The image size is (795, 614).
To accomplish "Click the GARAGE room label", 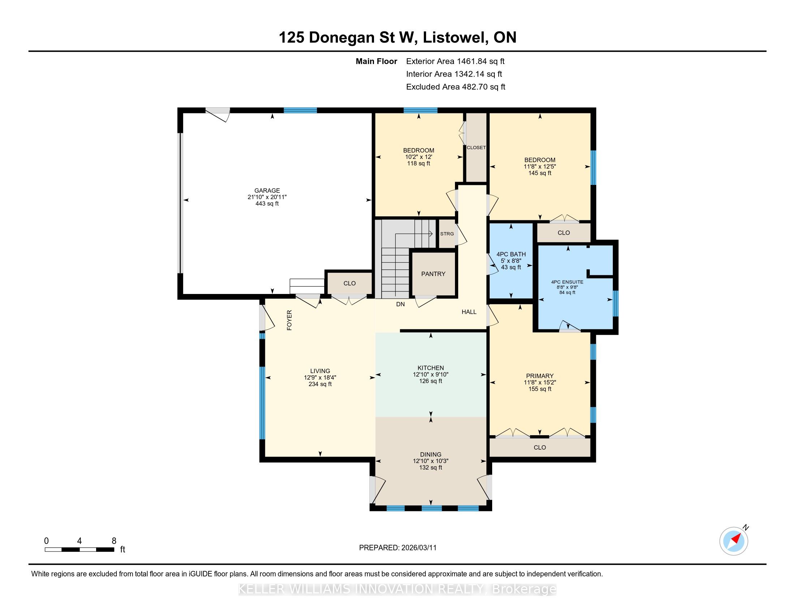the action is pyautogui.click(x=267, y=190).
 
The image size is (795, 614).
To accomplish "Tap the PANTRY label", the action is pyautogui.click(x=433, y=274).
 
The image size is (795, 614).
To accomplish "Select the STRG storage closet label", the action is pyautogui.click(x=447, y=234).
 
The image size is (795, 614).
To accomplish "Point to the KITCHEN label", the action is pyautogui.click(x=431, y=368).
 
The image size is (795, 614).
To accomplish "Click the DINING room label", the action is pyautogui.click(x=431, y=454).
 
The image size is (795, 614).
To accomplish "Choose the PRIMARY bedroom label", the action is pyautogui.click(x=540, y=376).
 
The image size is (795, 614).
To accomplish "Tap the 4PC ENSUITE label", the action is pyautogui.click(x=567, y=282).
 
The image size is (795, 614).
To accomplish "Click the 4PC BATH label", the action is pyautogui.click(x=511, y=254).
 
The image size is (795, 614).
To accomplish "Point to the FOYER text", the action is pyautogui.click(x=289, y=320).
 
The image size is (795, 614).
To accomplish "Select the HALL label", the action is pyautogui.click(x=469, y=312).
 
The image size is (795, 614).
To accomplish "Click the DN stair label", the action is pyautogui.click(x=400, y=304).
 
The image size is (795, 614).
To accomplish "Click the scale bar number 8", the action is pyautogui.click(x=114, y=541).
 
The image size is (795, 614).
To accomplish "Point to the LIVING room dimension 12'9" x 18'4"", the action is pyautogui.click(x=320, y=377).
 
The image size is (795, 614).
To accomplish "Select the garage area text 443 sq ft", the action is pyautogui.click(x=267, y=204).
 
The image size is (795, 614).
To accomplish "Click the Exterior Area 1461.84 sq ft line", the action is pyautogui.click(x=455, y=61).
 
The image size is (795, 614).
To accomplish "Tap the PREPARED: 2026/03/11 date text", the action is pyautogui.click(x=397, y=548).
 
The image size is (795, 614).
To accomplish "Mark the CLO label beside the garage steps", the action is pyautogui.click(x=349, y=284).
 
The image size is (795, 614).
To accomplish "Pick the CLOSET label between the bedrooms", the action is pyautogui.click(x=476, y=148).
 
